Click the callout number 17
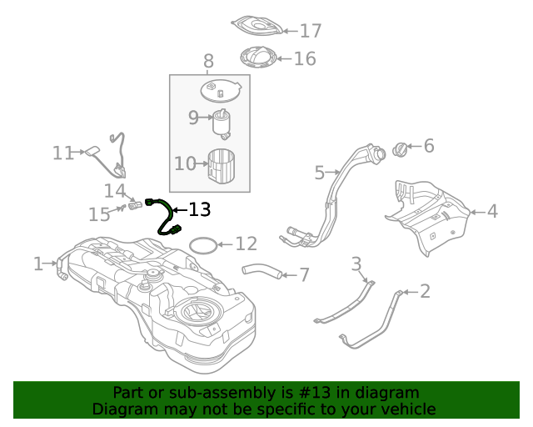pyautogui.click(x=310, y=31)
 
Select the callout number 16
pyautogui.click(x=305, y=58)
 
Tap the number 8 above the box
pyautogui.click(x=208, y=61)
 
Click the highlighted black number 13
pyautogui.click(x=200, y=209)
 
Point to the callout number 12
pyautogui.click(x=246, y=244)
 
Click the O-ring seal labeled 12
pyautogui.click(x=201, y=245)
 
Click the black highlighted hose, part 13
pyautogui.click(x=162, y=215)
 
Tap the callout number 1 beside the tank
pyautogui.click(x=38, y=264)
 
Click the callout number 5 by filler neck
pyautogui.click(x=320, y=173)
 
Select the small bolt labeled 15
pyautogui.click(x=122, y=208)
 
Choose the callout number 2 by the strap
pyautogui.click(x=425, y=291)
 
